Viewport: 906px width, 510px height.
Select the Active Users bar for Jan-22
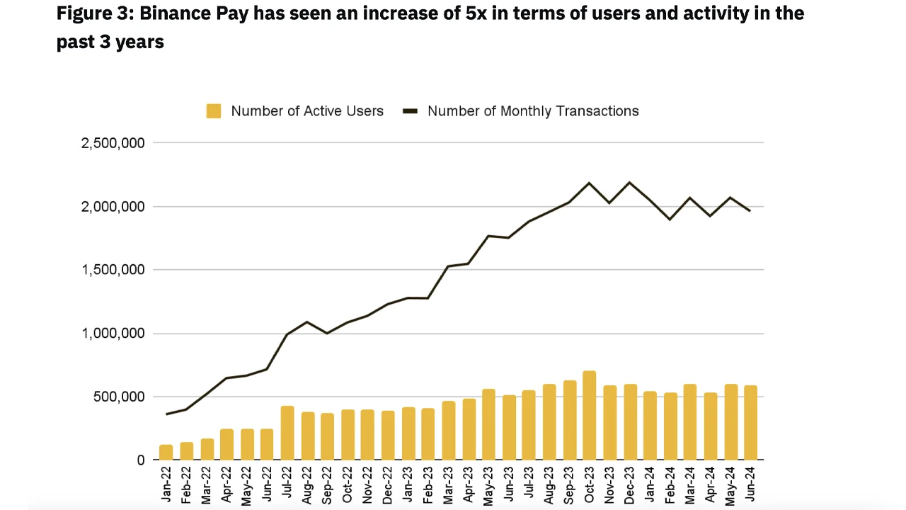point(166,452)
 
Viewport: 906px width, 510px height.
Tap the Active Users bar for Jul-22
point(287,433)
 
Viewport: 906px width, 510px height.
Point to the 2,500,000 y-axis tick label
point(113,143)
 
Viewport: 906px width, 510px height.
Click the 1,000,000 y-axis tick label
point(113,334)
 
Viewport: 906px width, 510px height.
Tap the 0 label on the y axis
point(140,460)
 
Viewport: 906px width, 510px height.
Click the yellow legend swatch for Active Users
point(214,111)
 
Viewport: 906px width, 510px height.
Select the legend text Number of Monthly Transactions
point(533,111)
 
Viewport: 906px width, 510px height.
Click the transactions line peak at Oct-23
point(589,183)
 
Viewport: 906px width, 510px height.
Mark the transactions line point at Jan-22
point(166,414)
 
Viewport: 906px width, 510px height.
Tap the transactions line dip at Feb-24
point(670,220)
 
